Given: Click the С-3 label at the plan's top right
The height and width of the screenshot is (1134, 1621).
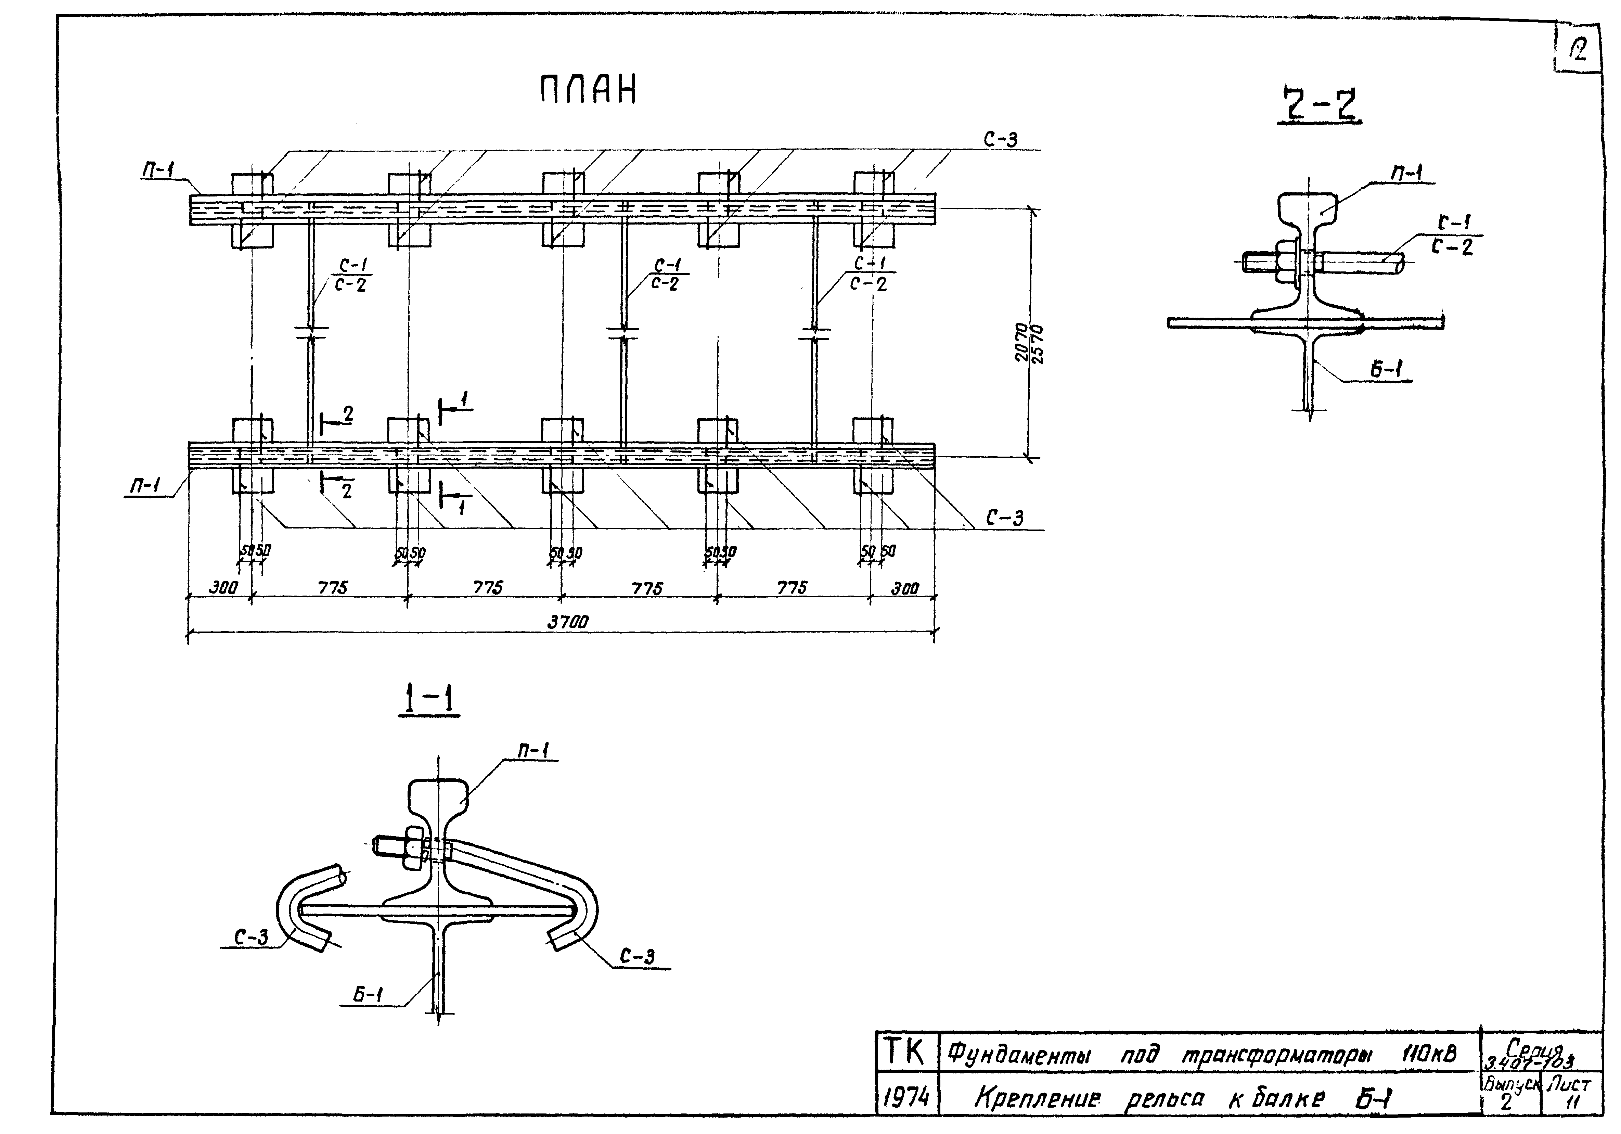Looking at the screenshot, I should click(x=1001, y=140).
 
